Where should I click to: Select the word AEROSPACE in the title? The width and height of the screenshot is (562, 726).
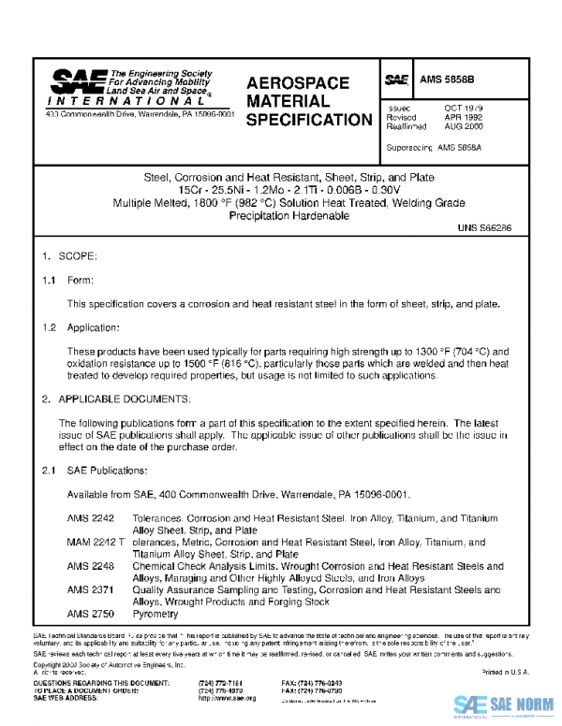[297, 83]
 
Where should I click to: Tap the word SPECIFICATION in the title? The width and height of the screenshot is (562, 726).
[309, 120]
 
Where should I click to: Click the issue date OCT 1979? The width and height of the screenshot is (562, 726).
[464, 109]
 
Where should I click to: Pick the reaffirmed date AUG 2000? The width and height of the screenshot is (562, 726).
[464, 127]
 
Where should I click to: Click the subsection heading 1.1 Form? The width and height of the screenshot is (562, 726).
[68, 279]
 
